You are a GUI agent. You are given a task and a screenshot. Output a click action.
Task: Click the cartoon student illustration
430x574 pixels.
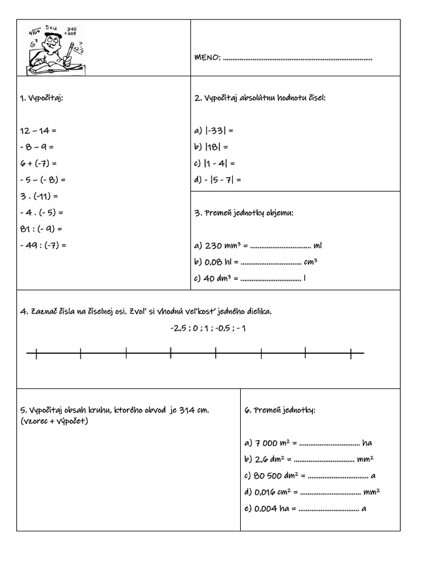coord(53,48)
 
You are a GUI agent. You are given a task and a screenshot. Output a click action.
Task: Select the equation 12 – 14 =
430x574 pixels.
coord(38,131)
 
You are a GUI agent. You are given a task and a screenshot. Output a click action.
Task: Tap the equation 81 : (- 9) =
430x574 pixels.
coord(40,229)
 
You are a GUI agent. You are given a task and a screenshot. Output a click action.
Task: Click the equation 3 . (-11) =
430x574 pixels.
coord(39,196)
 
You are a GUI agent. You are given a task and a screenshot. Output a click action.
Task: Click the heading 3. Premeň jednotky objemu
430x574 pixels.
coord(244,213)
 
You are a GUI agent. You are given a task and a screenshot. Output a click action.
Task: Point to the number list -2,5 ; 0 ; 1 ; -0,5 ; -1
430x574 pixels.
coord(208,328)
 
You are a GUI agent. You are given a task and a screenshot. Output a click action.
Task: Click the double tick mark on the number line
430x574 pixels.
coord(170,353)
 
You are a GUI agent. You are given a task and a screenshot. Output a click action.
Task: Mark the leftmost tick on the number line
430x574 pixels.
coord(36,353)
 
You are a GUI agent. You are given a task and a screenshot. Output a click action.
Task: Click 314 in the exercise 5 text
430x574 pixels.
coord(186,410)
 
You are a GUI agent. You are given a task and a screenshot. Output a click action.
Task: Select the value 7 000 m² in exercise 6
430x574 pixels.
coord(270,443)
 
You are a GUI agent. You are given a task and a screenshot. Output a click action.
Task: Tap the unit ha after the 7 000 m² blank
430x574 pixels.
coord(367,443)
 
